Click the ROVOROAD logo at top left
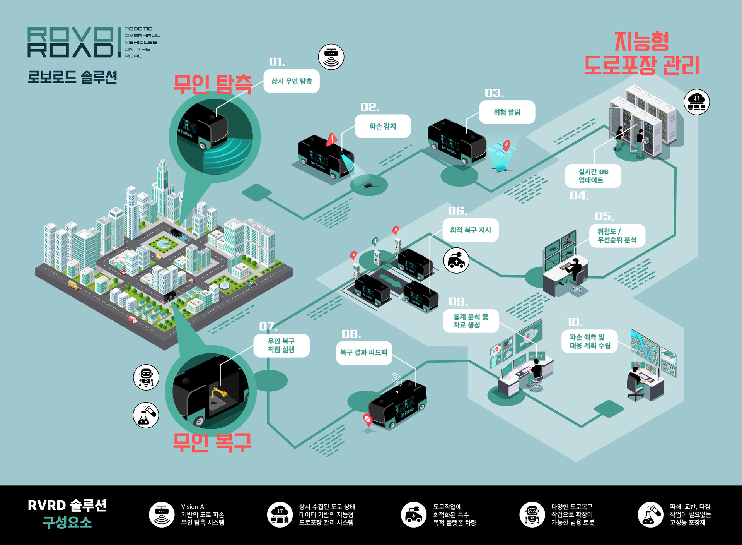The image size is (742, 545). (x=72, y=42)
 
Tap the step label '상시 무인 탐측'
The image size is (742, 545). (x=292, y=81)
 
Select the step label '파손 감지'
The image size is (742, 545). (x=382, y=126)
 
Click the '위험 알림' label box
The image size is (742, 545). (x=507, y=112)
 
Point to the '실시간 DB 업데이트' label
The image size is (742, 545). (x=593, y=176)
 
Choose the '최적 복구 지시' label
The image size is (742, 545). (x=470, y=230)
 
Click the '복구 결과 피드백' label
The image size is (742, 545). (x=364, y=353)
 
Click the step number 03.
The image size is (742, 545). (x=494, y=93)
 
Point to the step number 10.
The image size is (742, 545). (x=575, y=322)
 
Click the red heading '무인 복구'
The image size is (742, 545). (x=212, y=442)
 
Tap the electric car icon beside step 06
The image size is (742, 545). (x=456, y=261)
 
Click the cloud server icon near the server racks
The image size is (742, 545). (x=696, y=102)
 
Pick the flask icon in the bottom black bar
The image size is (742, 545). (x=650, y=515)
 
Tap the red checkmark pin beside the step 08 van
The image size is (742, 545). (x=367, y=419)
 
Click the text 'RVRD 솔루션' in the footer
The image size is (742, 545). (x=67, y=506)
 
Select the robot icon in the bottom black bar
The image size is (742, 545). (x=532, y=515)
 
